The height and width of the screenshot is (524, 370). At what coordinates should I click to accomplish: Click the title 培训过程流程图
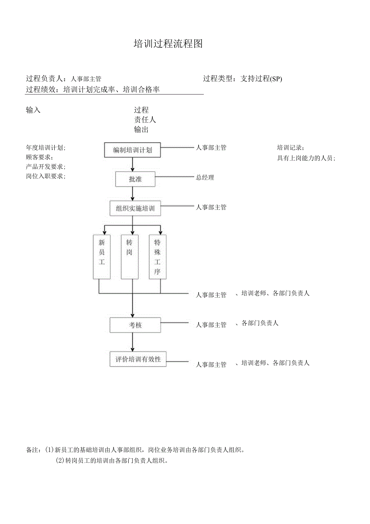168,44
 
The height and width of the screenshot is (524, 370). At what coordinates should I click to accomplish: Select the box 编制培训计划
132,150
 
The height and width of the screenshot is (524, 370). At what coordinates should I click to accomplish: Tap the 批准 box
135,179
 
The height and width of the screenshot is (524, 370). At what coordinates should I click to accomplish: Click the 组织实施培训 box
135,208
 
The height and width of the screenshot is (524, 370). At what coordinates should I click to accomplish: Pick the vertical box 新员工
102,257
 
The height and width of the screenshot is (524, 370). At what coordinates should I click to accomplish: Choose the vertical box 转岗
129,257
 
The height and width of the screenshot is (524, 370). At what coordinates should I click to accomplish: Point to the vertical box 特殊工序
157,257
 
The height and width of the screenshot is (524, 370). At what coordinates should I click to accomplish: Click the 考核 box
135,325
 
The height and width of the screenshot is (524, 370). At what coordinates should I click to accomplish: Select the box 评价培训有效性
138,359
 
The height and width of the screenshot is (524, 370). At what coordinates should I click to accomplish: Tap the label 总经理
205,178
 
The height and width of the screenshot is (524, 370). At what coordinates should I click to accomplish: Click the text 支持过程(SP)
261,79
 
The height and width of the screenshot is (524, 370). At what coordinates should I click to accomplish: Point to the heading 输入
33,110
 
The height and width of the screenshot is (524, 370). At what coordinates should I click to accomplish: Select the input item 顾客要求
39,157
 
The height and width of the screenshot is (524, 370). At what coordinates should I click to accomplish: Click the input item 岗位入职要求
45,176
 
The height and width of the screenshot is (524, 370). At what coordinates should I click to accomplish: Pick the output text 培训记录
290,147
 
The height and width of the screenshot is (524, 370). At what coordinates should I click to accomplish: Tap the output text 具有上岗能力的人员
306,158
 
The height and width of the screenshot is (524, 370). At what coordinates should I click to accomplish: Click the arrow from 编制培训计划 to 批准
132,165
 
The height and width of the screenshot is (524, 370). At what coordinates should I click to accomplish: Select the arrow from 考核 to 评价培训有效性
132,342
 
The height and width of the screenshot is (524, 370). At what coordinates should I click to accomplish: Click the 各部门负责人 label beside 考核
260,323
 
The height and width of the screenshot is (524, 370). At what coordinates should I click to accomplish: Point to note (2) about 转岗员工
111,461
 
